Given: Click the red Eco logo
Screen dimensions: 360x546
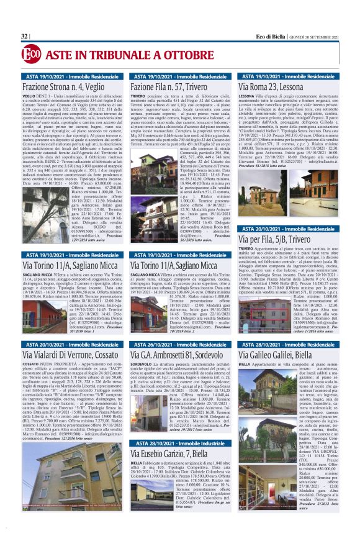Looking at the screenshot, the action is click(30, 55).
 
